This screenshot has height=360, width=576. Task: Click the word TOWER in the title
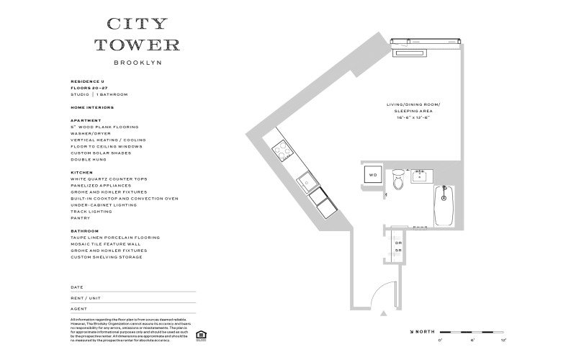click(137, 45)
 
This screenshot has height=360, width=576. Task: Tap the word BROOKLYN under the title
click(137, 63)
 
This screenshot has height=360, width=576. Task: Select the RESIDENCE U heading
click(88, 81)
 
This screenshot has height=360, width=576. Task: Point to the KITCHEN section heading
click(81, 173)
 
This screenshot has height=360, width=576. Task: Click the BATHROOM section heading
click(84, 231)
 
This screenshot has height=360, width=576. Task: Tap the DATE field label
click(76, 287)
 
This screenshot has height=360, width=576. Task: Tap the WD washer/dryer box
click(373, 175)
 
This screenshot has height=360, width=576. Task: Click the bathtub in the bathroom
click(444, 206)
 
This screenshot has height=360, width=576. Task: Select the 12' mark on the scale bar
click(504, 338)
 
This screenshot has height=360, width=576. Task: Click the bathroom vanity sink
click(420, 175)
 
